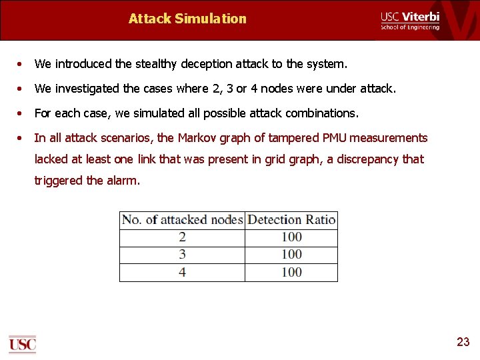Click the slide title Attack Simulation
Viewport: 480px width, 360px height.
click(x=187, y=19)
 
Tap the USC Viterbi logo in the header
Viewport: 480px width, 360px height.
click(x=410, y=20)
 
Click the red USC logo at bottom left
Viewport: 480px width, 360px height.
click(x=22, y=344)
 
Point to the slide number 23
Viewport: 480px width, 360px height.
click(x=463, y=342)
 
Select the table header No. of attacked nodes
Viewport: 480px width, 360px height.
click(x=182, y=220)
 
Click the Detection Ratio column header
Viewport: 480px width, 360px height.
click(x=291, y=220)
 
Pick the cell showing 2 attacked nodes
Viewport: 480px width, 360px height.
click(x=182, y=237)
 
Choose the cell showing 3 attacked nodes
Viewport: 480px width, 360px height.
click(x=182, y=255)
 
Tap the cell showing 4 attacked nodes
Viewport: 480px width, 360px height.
click(x=182, y=272)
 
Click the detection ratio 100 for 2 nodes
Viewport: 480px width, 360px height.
click(x=291, y=237)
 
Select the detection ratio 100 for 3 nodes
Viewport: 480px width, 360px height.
click(x=291, y=255)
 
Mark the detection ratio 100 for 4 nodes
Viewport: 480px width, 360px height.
click(x=291, y=272)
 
